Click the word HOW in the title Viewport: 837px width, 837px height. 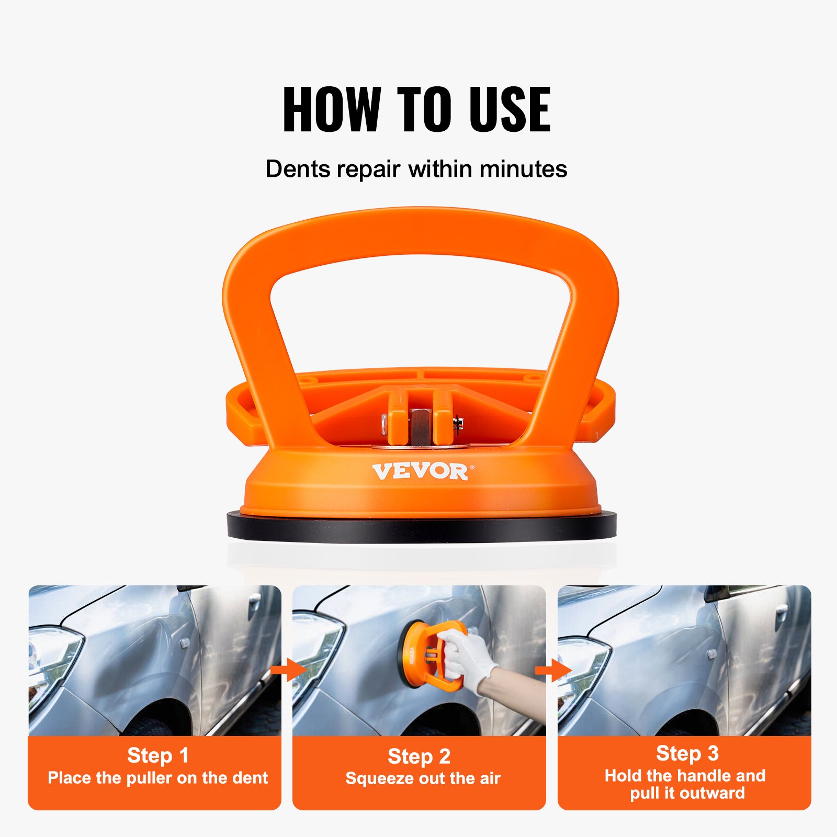tap(331, 109)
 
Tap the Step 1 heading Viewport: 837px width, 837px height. tap(157, 755)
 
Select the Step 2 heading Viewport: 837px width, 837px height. tap(418, 756)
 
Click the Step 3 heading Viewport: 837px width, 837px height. tap(687, 753)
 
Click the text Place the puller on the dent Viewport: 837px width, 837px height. tap(157, 778)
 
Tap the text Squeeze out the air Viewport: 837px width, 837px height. tap(423, 778)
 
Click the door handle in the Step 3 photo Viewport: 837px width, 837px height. tap(782, 611)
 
